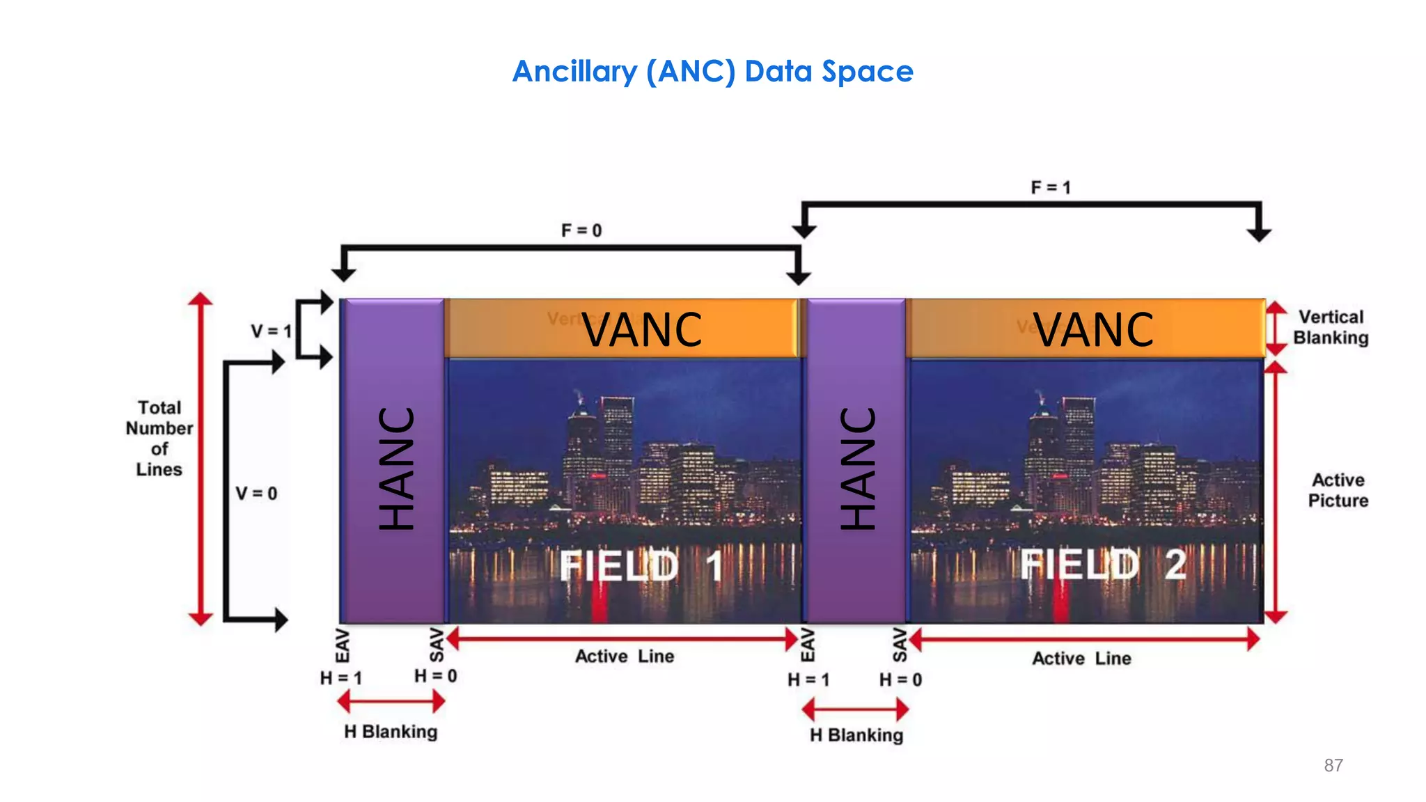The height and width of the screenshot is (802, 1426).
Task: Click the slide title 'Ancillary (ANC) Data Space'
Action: (x=712, y=72)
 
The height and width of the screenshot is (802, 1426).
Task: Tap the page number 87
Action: (x=1333, y=765)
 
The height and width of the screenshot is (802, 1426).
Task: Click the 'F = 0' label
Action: (x=581, y=230)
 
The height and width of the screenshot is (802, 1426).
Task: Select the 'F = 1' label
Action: (x=1051, y=188)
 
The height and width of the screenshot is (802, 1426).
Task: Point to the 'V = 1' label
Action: (x=271, y=331)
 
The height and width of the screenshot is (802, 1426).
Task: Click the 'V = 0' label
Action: (x=256, y=494)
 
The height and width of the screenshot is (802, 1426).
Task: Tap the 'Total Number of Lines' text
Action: (x=159, y=439)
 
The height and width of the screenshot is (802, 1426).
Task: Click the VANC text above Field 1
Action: (x=642, y=329)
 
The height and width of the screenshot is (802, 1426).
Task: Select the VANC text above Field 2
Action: (x=1093, y=329)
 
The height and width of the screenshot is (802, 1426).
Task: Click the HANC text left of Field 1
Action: (x=396, y=468)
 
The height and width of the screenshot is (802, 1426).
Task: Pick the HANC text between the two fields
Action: (x=858, y=468)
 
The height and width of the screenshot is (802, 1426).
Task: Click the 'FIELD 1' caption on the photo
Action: (x=641, y=565)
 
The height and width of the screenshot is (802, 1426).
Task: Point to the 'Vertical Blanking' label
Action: (x=1331, y=327)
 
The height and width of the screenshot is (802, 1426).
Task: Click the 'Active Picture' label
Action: (x=1338, y=490)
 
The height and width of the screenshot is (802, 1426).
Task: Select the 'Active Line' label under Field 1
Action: (x=625, y=656)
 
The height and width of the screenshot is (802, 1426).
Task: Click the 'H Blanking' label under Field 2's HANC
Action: (x=856, y=735)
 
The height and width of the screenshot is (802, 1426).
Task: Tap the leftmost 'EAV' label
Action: (x=343, y=645)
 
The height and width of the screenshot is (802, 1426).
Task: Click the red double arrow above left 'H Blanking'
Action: (x=391, y=702)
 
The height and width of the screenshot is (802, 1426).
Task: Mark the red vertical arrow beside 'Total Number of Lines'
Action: (x=201, y=459)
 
